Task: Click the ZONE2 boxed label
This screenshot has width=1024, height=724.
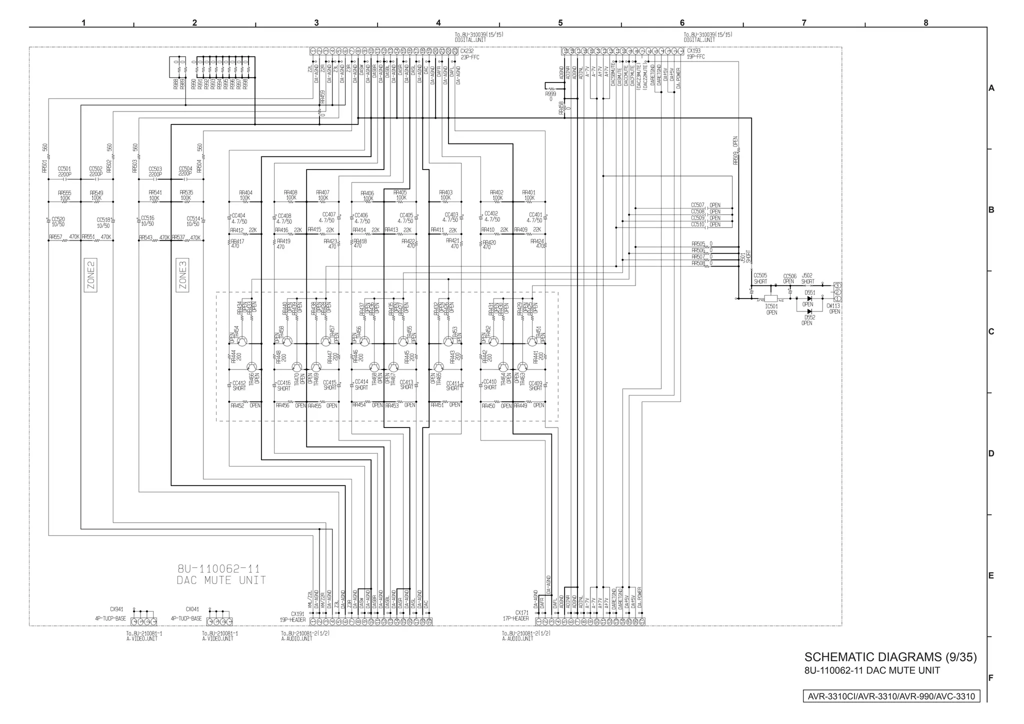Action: click(x=90, y=275)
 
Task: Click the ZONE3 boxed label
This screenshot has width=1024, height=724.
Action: click(x=182, y=275)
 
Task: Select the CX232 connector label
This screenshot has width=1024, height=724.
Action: click(x=467, y=51)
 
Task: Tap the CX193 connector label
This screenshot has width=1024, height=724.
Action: click(x=693, y=51)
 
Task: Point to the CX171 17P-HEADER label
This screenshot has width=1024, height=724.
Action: click(x=521, y=612)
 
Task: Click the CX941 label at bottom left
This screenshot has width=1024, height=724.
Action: click(x=116, y=609)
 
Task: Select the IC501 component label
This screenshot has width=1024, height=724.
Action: click(x=771, y=306)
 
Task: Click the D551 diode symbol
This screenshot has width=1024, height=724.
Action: click(x=809, y=298)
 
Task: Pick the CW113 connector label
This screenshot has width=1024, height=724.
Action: click(x=833, y=306)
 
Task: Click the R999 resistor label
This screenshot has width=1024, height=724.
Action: click(x=550, y=94)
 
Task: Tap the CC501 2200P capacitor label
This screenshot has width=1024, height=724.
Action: click(x=64, y=169)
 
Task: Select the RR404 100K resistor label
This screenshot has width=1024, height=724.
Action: click(x=245, y=192)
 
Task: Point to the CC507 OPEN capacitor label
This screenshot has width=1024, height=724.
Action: click(x=698, y=205)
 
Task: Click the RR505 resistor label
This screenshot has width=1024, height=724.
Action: click(x=698, y=244)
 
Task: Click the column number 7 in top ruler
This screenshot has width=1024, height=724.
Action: click(x=804, y=23)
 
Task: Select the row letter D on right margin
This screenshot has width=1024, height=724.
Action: click(x=991, y=453)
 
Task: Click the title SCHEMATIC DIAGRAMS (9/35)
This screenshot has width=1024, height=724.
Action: click(x=890, y=657)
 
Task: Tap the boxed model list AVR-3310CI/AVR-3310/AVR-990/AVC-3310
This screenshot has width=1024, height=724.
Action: click(x=891, y=696)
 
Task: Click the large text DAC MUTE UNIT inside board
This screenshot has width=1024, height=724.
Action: click(x=221, y=580)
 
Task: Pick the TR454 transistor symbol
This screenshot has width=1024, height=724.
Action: click(x=242, y=341)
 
